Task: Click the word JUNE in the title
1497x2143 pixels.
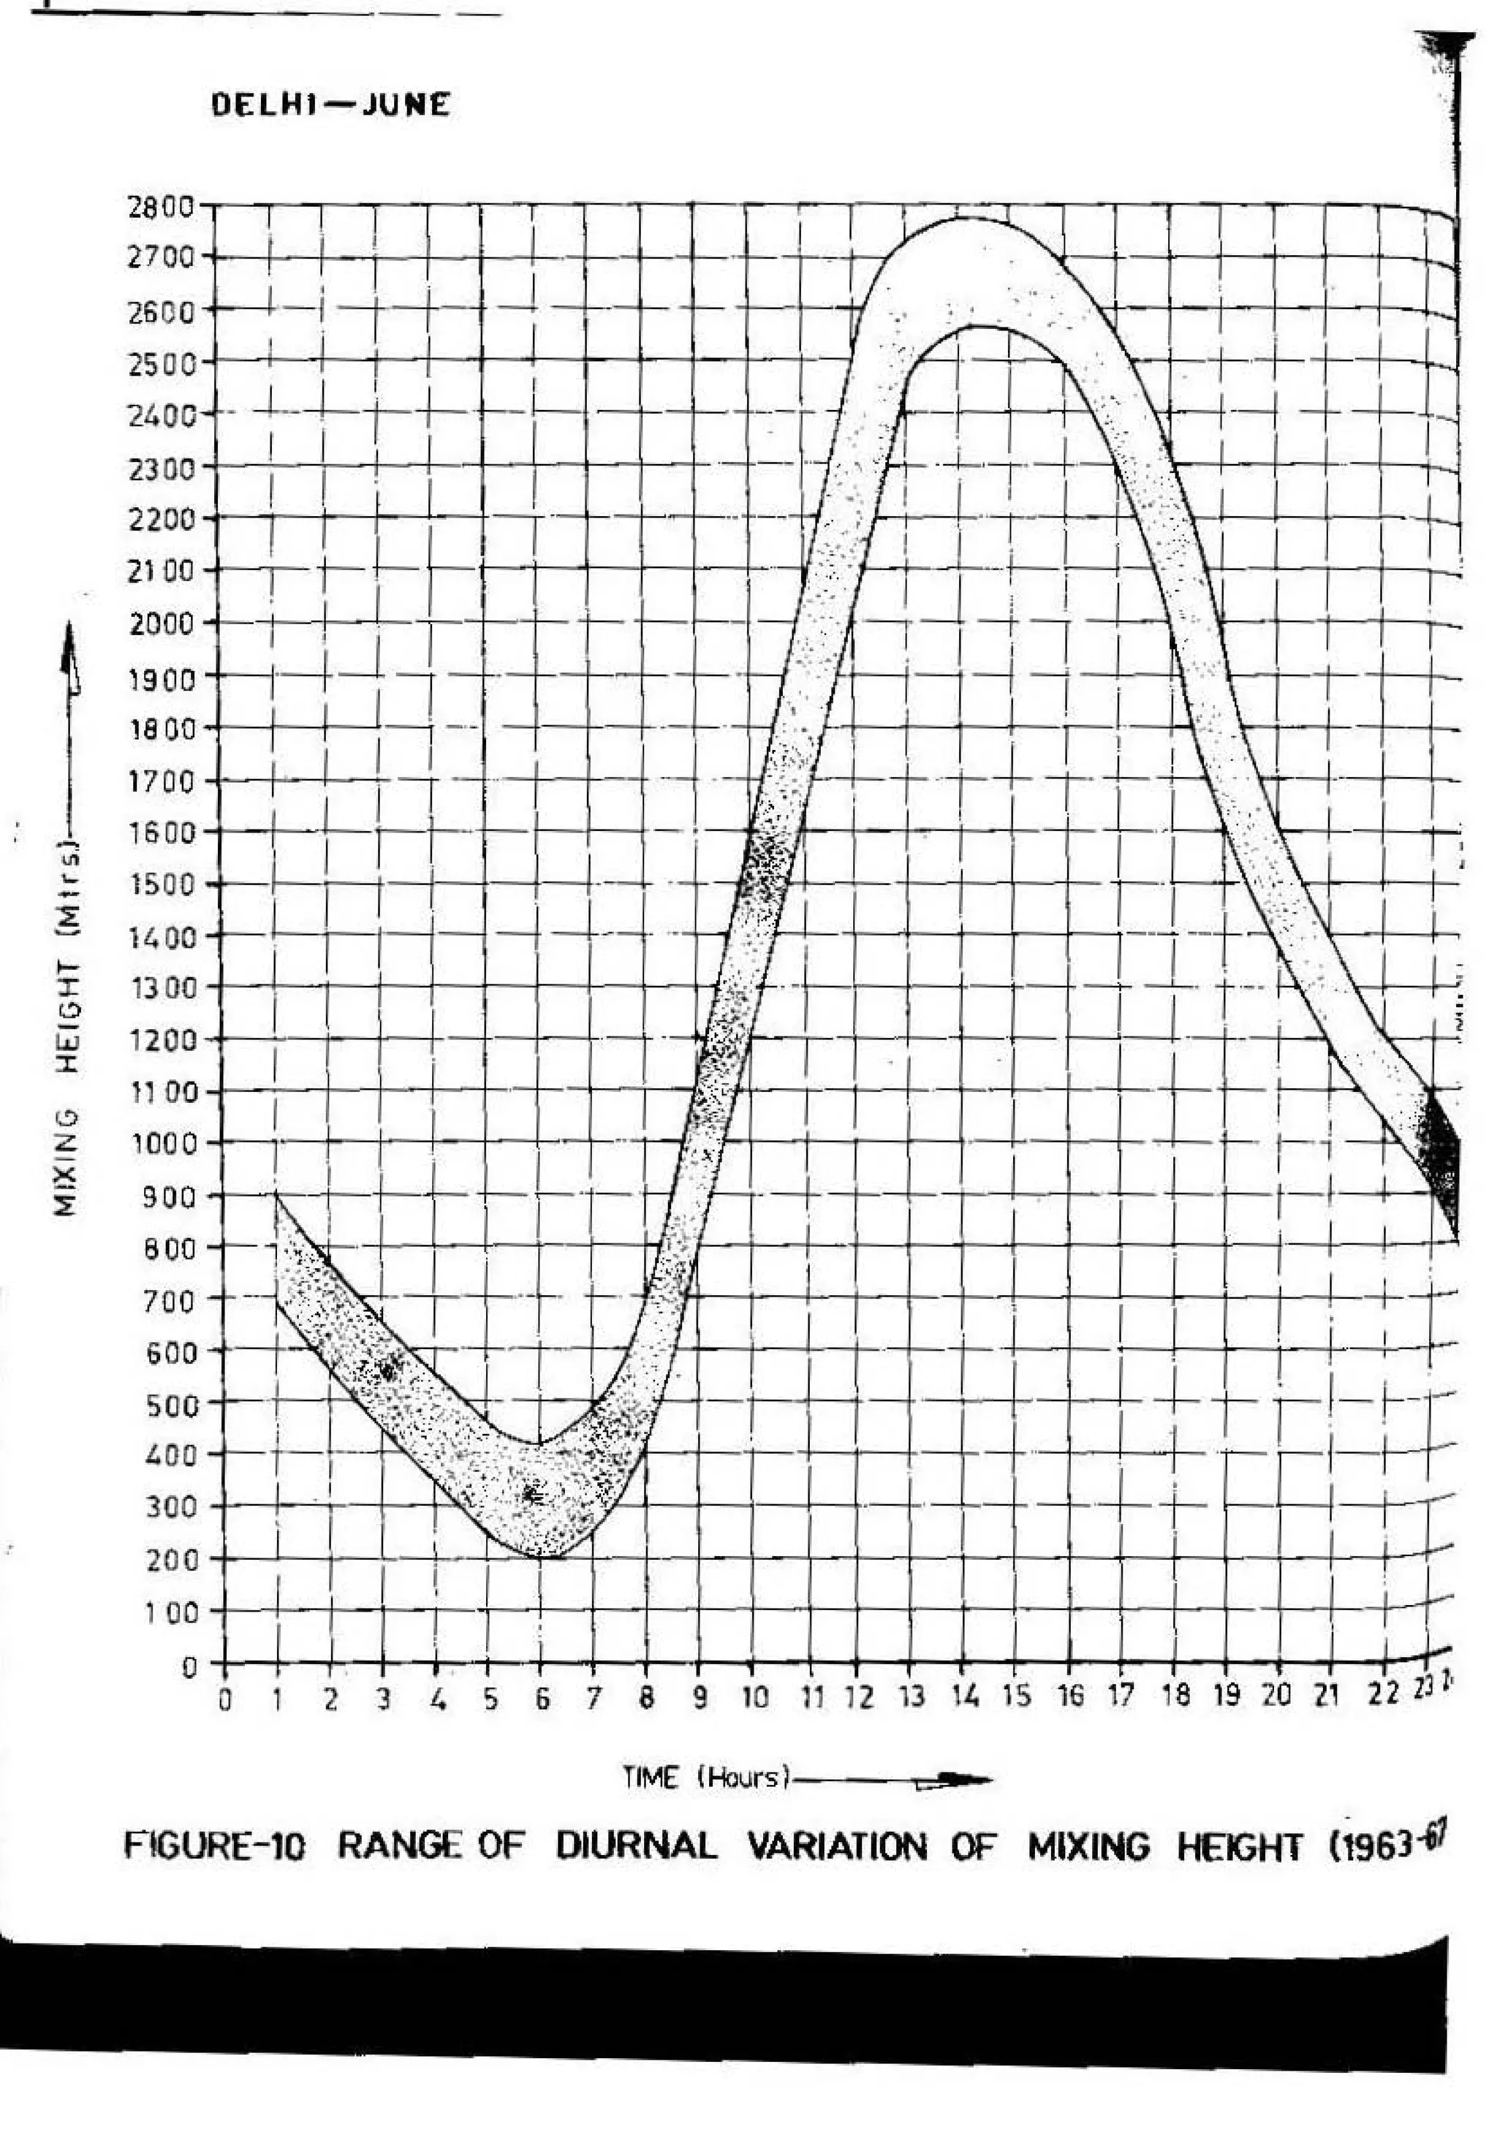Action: [x=405, y=105]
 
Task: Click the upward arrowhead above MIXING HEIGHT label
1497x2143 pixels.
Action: [x=68, y=653]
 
